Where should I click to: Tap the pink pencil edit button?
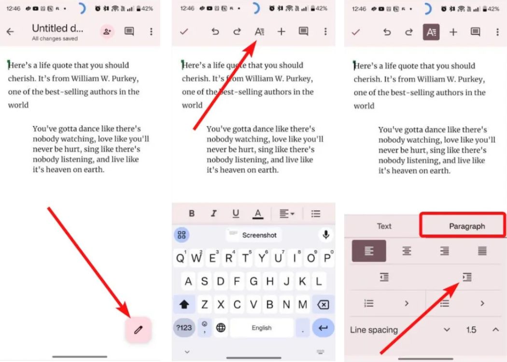(x=139, y=330)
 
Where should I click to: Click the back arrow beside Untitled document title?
(x=10, y=32)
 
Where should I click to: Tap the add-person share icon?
(x=106, y=31)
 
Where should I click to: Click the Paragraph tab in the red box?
(x=466, y=226)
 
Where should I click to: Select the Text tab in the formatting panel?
(x=384, y=226)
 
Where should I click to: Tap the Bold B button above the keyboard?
(x=192, y=213)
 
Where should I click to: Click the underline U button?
(x=236, y=213)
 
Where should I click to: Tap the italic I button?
(x=214, y=213)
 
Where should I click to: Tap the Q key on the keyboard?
(x=180, y=258)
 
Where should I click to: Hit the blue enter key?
(x=323, y=328)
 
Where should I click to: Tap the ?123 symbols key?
(x=183, y=328)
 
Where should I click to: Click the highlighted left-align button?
(x=369, y=251)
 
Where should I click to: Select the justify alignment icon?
(x=482, y=251)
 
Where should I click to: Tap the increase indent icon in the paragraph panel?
(x=466, y=277)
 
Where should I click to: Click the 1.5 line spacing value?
(x=471, y=330)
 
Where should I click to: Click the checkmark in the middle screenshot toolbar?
(x=183, y=32)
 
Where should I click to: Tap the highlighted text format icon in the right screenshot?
(x=431, y=32)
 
